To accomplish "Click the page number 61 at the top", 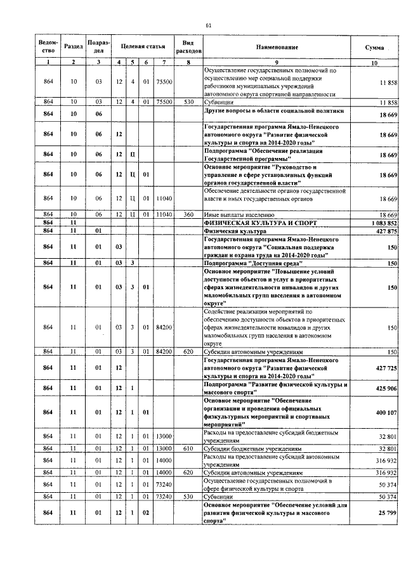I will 208,25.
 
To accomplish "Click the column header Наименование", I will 277,48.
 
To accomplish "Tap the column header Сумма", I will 374,48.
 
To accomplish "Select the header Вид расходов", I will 188,44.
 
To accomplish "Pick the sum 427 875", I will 386,231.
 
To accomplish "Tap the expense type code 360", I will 188,216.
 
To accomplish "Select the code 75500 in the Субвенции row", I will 164,101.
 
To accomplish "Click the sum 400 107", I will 386,412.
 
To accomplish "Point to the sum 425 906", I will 386,388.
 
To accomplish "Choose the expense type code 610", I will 188,448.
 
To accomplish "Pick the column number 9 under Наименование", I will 277,62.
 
